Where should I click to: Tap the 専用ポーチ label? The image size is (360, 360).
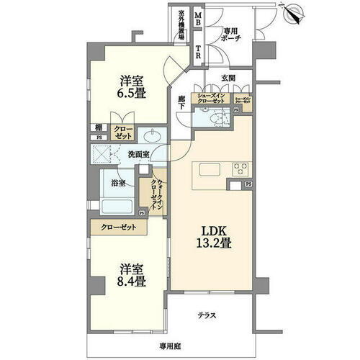pos(231,36)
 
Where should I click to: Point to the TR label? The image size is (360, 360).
pos(198,52)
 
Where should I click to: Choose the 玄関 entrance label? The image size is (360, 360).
pos(227,78)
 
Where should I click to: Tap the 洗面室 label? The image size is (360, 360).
pos(139,153)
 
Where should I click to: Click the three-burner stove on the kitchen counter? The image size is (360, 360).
pos(240,169)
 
